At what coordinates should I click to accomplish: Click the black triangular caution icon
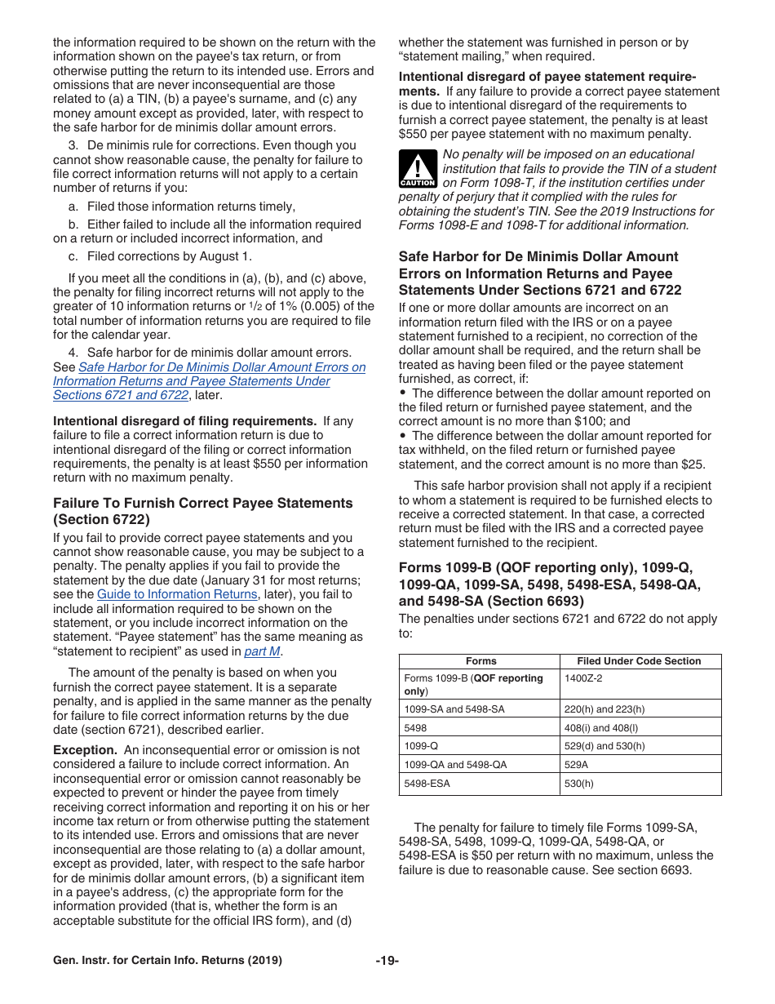(x=417, y=169)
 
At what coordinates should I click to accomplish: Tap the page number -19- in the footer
(x=387, y=960)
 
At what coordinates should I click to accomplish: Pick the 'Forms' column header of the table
(x=480, y=661)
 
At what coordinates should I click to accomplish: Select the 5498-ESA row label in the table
(x=427, y=784)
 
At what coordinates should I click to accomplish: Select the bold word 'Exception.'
(x=85, y=749)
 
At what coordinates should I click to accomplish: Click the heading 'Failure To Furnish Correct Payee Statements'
(x=202, y=503)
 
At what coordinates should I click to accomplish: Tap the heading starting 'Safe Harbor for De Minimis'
(x=538, y=256)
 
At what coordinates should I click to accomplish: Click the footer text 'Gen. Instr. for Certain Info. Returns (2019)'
(x=167, y=960)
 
